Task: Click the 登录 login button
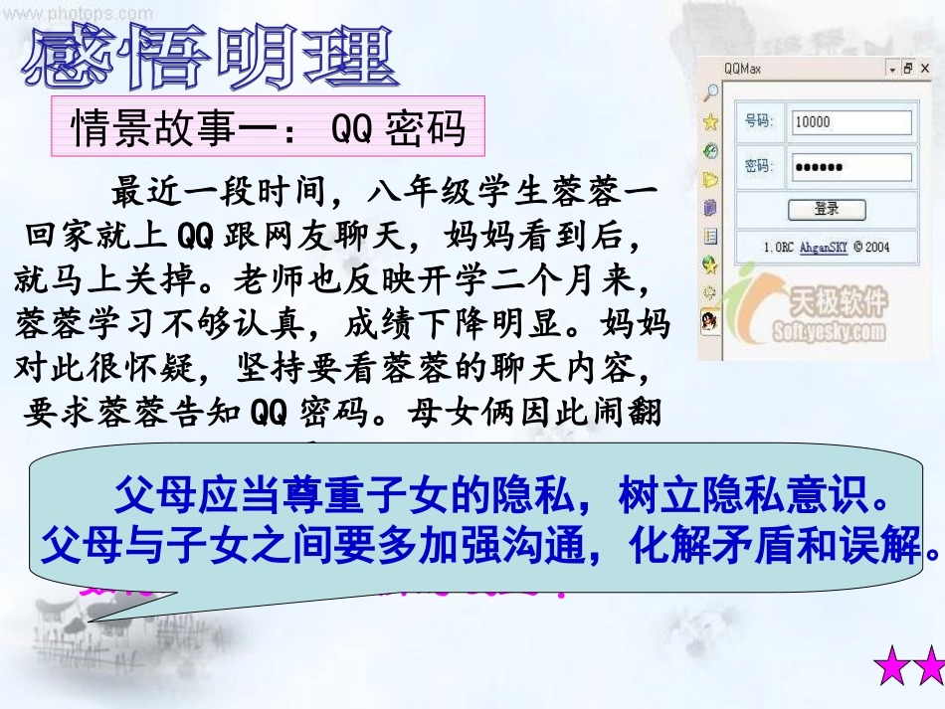click(827, 210)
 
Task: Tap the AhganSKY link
click(824, 246)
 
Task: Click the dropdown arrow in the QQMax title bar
click(892, 69)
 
